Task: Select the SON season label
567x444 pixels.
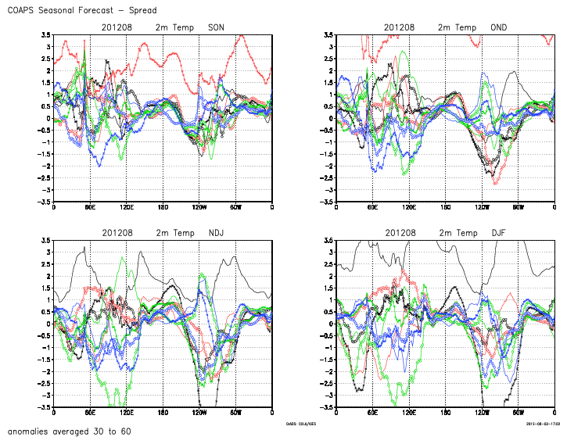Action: coord(217,27)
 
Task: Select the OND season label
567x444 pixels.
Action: coord(499,27)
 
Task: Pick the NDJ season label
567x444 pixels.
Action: coord(217,233)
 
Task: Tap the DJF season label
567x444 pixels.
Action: coord(499,233)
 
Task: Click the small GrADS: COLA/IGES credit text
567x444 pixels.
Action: coord(303,423)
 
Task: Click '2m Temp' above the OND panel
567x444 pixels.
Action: coord(456,27)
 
